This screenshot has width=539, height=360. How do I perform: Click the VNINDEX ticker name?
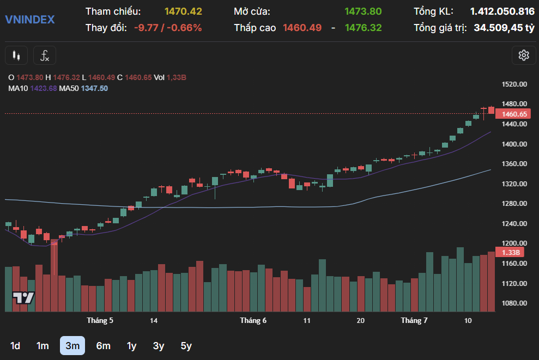(x=29, y=20)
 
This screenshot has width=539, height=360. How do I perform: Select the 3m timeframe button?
(x=72, y=345)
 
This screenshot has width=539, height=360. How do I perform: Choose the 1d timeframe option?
(x=15, y=345)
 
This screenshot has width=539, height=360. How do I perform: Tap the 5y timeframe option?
(x=186, y=345)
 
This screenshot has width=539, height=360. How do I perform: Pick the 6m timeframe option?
(x=103, y=345)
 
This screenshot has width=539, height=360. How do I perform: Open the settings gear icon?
(x=524, y=55)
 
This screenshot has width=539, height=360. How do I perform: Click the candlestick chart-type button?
(x=16, y=55)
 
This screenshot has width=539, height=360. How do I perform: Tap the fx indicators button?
(x=45, y=55)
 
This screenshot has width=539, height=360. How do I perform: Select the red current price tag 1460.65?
(x=514, y=114)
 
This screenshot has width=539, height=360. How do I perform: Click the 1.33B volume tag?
(x=511, y=253)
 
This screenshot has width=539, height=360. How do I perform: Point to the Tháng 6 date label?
(x=253, y=320)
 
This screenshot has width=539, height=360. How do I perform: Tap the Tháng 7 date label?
(x=414, y=320)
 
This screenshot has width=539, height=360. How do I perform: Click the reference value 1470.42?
(x=183, y=11)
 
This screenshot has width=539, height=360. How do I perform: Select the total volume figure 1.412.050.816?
(x=502, y=11)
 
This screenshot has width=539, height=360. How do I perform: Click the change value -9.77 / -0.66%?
(x=168, y=28)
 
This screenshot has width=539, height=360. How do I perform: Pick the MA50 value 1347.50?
(x=94, y=88)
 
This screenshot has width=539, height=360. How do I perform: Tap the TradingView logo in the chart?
(x=24, y=298)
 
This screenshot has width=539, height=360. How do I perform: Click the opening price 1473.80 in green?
(x=363, y=11)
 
